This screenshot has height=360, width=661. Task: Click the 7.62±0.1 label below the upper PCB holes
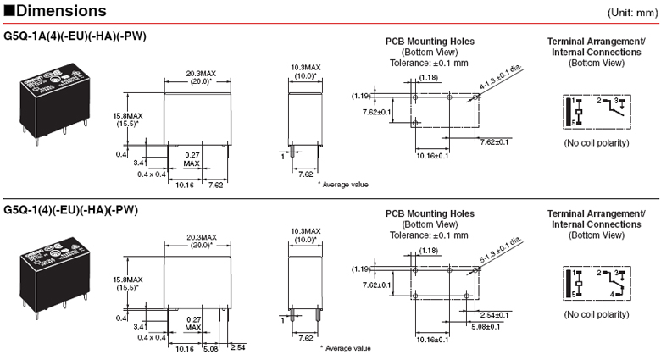497,142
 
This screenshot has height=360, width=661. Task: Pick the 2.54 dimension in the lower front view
236,348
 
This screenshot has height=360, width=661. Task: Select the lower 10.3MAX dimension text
306,230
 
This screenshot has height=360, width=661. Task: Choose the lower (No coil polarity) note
597,313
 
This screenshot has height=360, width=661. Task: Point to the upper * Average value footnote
346,184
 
